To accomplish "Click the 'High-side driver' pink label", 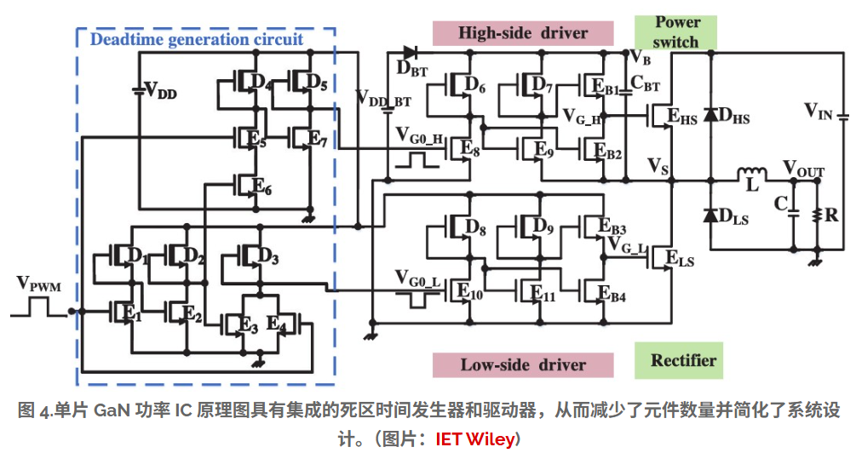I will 523,33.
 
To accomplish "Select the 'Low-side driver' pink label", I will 523,364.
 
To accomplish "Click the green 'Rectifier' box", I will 683,360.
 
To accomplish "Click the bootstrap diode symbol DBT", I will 410,53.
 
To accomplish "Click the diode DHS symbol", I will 709,115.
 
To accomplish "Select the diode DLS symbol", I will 709,215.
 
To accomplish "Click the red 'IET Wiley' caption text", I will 474,440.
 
